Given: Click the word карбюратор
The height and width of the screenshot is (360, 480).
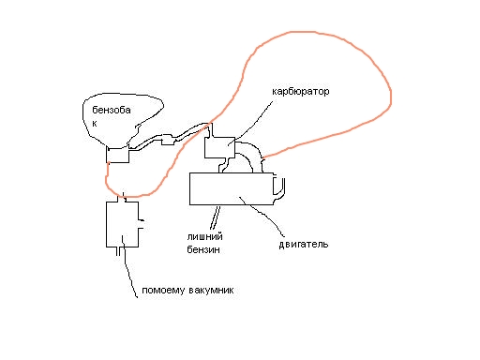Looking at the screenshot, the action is [300, 92].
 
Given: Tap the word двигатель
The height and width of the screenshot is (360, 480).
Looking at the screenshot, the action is [304, 244].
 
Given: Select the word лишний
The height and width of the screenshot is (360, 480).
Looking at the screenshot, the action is [204, 236].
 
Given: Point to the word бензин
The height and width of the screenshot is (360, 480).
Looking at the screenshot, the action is [203, 249].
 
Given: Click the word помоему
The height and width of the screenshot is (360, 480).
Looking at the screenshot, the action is [163, 291].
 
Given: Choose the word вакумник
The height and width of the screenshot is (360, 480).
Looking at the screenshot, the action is [211, 291].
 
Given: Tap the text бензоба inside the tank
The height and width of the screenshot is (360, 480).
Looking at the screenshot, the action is [112, 110].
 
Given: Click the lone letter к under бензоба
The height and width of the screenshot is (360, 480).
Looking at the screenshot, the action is [95, 124].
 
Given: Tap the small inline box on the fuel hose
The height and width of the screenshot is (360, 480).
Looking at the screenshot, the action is [168, 140].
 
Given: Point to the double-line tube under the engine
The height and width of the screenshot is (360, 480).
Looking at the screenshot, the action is [215, 217].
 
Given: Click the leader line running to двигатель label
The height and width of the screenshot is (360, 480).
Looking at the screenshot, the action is [262, 216].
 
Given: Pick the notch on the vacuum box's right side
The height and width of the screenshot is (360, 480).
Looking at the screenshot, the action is [142, 224].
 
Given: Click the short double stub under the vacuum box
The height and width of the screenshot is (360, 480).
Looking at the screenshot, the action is [118, 251].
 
